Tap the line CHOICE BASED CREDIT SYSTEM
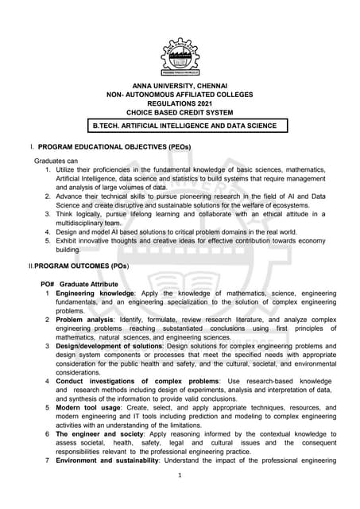pyautogui.click(x=180, y=113)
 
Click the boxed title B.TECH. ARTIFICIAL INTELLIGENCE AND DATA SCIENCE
pyautogui.click(x=185, y=126)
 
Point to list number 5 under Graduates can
pyautogui.click(x=48, y=239)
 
